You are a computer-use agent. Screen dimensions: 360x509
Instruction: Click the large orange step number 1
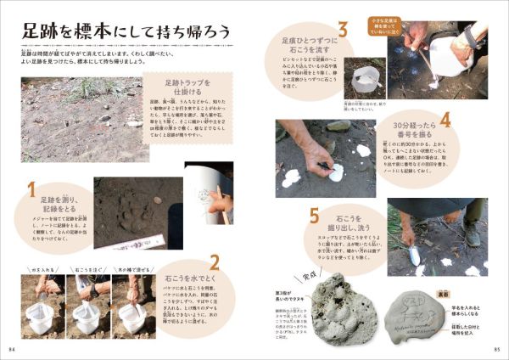click(32, 189)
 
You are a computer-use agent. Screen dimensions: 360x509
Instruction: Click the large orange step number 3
click(344, 31)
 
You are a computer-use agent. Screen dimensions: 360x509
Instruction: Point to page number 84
click(13, 349)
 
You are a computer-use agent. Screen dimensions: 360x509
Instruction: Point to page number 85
click(496, 349)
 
